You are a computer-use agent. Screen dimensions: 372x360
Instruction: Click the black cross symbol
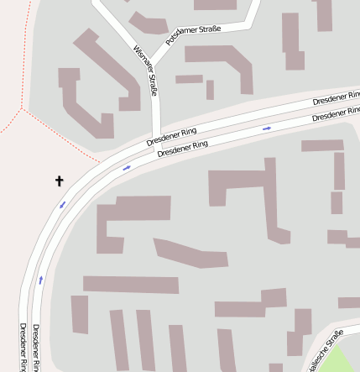click(x=60, y=181)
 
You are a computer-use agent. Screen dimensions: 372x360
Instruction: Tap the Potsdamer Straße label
click(x=193, y=35)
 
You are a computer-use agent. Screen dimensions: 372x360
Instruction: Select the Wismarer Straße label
click(x=146, y=71)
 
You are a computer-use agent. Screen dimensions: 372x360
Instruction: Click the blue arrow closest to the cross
click(x=62, y=204)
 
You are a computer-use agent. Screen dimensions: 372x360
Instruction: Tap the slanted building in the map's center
click(x=190, y=253)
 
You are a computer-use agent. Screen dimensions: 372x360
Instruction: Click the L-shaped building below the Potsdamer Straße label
click(x=223, y=63)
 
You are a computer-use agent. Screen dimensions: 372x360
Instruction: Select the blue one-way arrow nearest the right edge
click(x=267, y=128)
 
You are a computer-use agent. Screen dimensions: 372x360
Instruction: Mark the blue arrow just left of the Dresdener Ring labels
click(x=128, y=168)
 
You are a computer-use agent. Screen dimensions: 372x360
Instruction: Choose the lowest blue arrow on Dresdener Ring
click(x=40, y=279)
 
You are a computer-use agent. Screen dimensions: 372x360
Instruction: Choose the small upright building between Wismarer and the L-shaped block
click(x=210, y=89)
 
